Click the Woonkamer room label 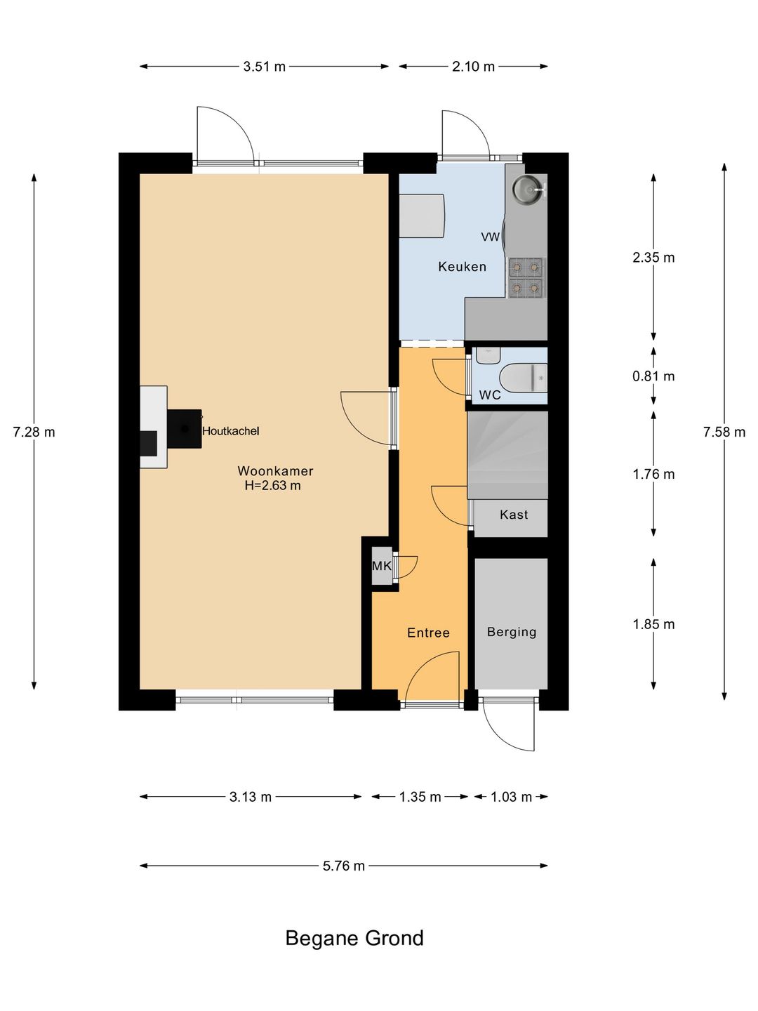coord(275,470)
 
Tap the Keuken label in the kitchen coord(462,266)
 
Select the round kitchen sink coord(528,188)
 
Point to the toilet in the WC coord(524,377)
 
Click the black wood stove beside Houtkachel coord(184,428)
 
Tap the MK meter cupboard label coord(382,566)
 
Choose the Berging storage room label coord(512,632)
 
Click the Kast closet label coord(514,514)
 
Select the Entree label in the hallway coord(428,633)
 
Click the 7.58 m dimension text coord(724,432)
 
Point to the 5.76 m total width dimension coord(343,866)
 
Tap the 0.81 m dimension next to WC coord(653,376)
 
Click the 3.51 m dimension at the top coord(264,66)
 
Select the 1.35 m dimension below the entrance coord(420,797)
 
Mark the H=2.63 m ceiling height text coord(273,485)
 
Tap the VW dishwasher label coord(490,237)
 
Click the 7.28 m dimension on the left coord(34,432)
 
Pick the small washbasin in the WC coord(488,355)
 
